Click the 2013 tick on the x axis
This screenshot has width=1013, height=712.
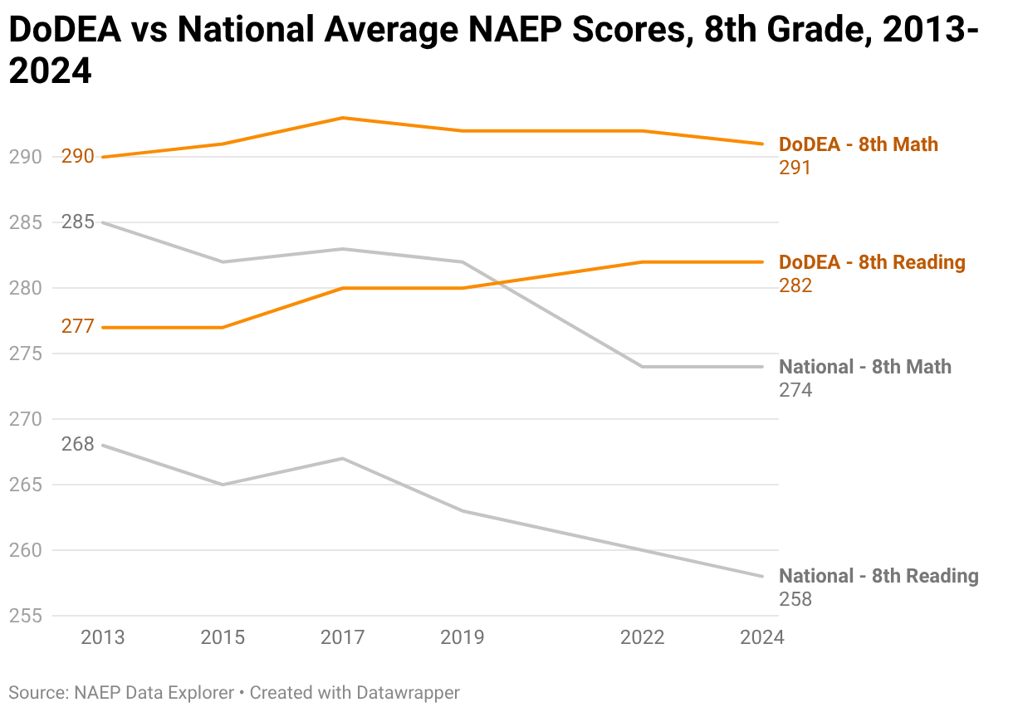pyautogui.click(x=102, y=637)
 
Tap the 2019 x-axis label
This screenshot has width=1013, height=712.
pyautogui.click(x=462, y=637)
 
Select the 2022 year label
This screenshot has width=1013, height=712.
pyautogui.click(x=643, y=637)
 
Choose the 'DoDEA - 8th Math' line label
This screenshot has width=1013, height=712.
pyautogui.click(x=858, y=144)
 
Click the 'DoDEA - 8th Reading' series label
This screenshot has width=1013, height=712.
pyautogui.click(x=872, y=262)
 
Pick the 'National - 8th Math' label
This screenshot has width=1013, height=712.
pyautogui.click(x=864, y=367)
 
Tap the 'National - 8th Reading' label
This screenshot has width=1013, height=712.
pyautogui.click(x=878, y=576)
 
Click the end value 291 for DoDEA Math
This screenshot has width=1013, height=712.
pyautogui.click(x=795, y=168)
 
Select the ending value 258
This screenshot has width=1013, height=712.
pyautogui.click(x=795, y=599)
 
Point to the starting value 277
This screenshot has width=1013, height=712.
pyautogui.click(x=78, y=327)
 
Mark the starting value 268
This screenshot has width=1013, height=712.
pyautogui.click(x=78, y=445)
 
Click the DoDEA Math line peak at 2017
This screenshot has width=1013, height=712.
pyautogui.click(x=342, y=118)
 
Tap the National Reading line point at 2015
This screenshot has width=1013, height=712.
pyautogui.click(x=223, y=485)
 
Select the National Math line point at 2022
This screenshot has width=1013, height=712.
pyautogui.click(x=643, y=367)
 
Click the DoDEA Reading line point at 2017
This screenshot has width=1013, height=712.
pyautogui.click(x=342, y=288)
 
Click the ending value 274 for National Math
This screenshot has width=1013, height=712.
pyautogui.click(x=795, y=390)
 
